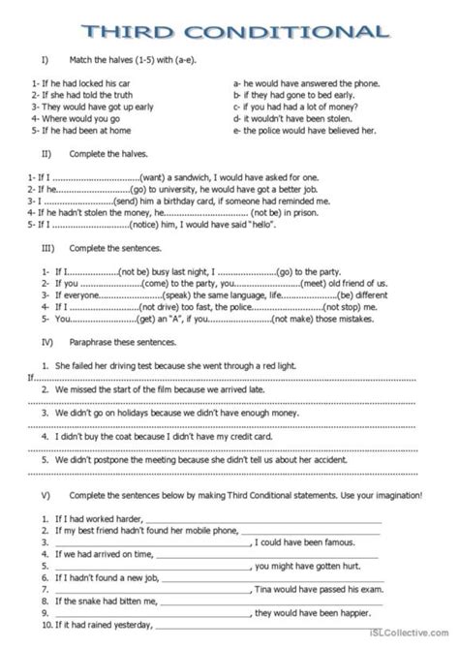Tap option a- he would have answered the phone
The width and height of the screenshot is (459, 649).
301,85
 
